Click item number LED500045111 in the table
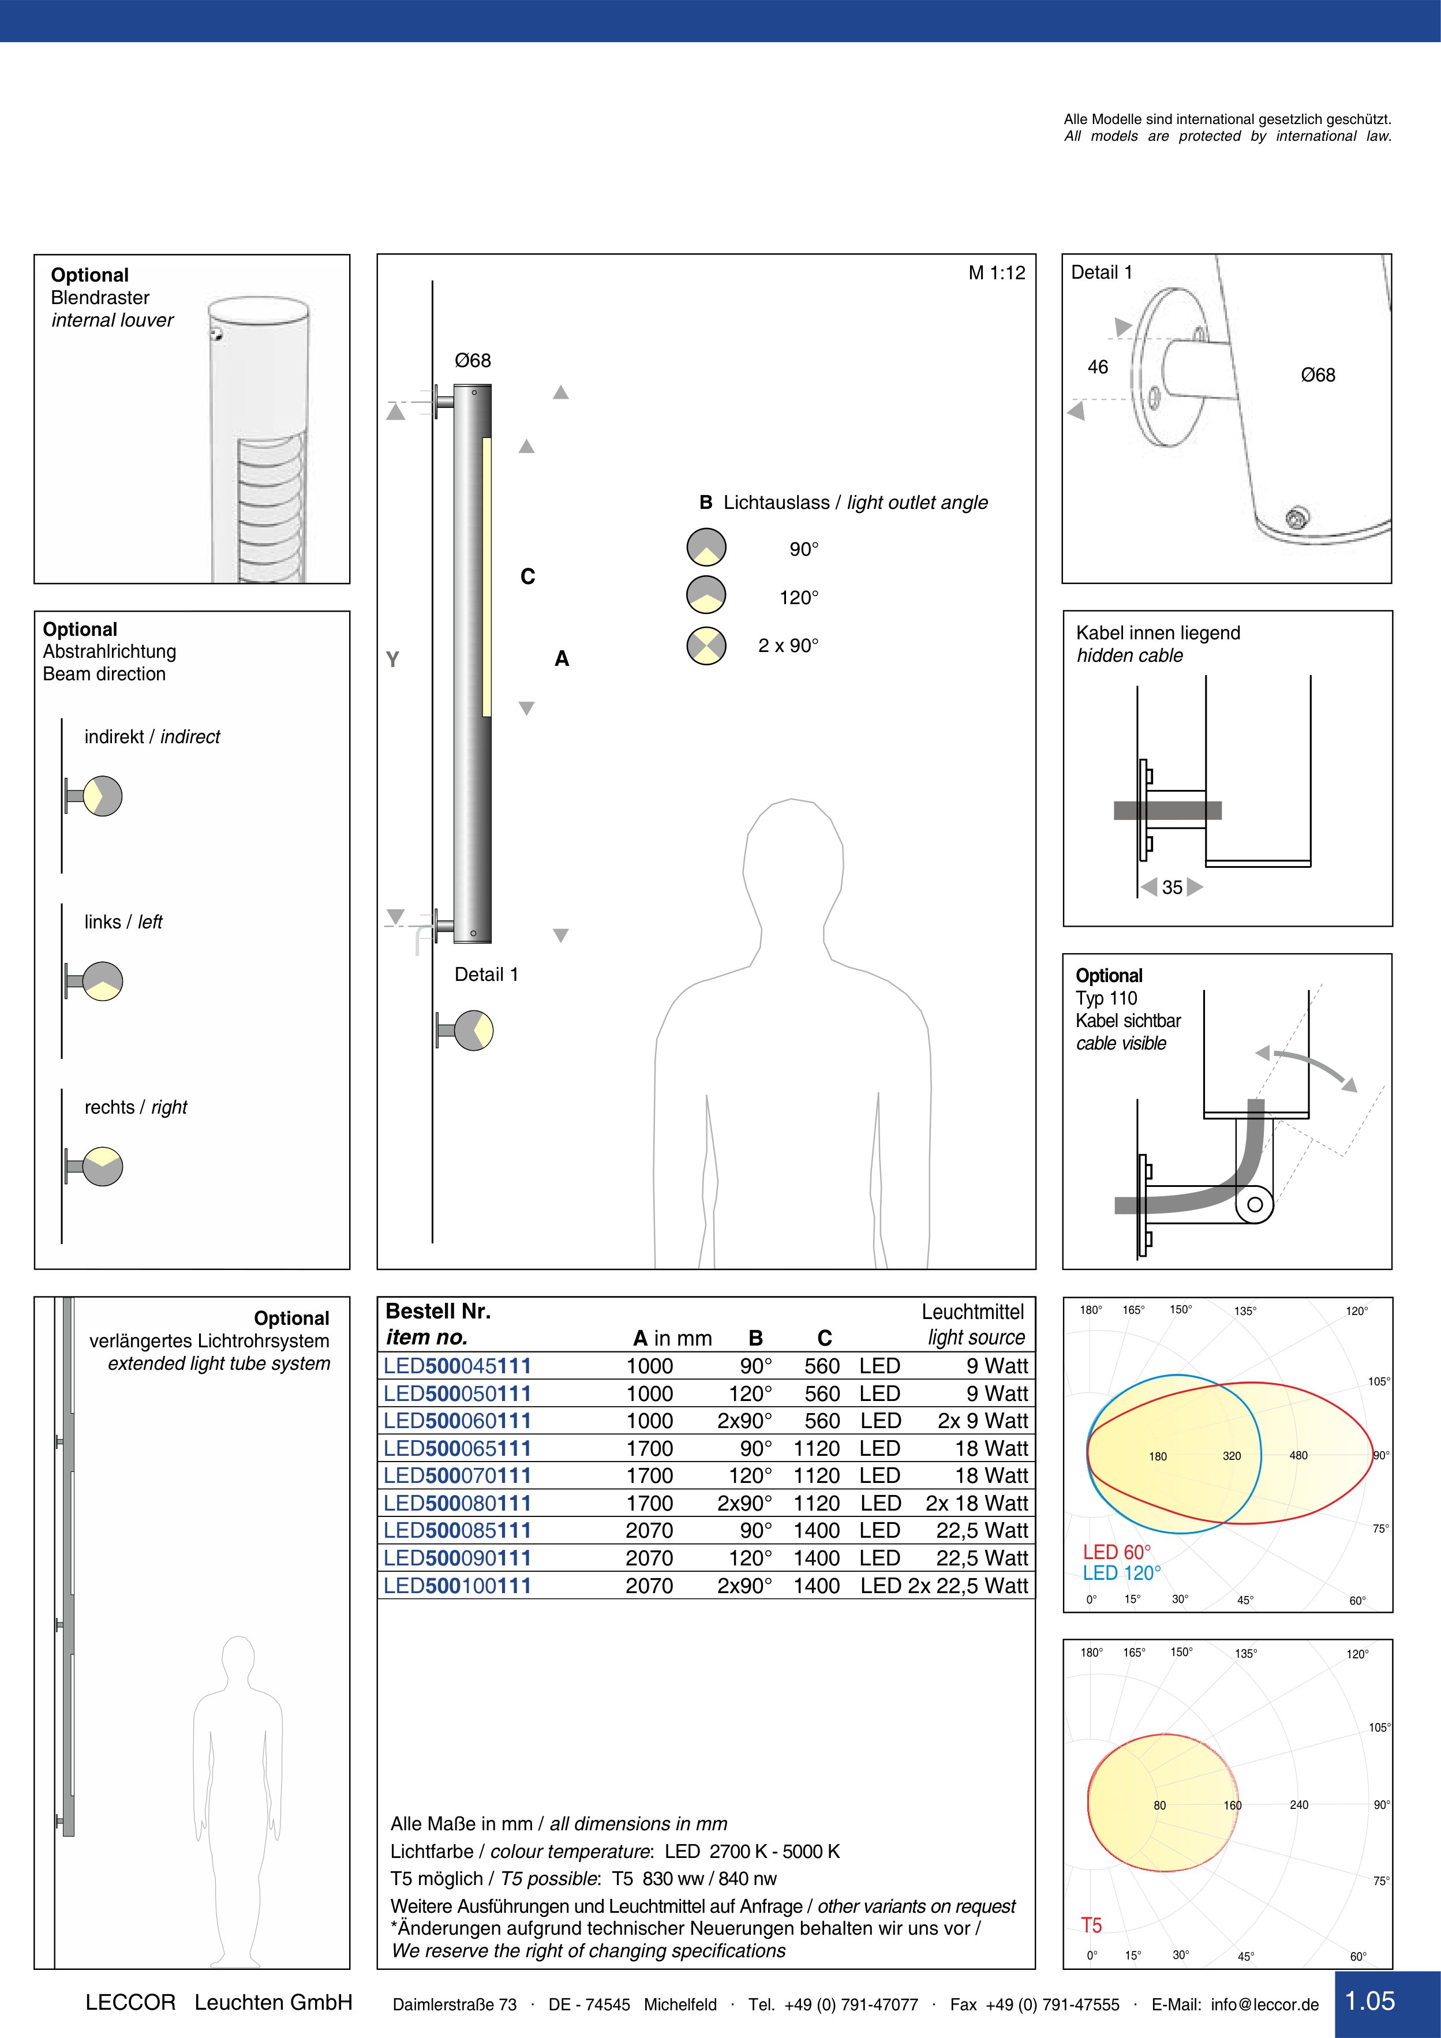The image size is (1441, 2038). pos(457,1366)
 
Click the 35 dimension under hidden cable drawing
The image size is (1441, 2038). pos(1172,887)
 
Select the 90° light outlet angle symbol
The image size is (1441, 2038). pos(707,548)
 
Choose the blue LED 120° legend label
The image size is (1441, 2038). pos(1121,1574)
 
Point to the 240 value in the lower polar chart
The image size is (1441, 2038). pos(1299,1804)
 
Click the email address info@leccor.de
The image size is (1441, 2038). pos(1264,2005)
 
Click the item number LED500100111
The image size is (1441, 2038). pos(457,1586)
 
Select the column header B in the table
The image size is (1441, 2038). pos(755,1339)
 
